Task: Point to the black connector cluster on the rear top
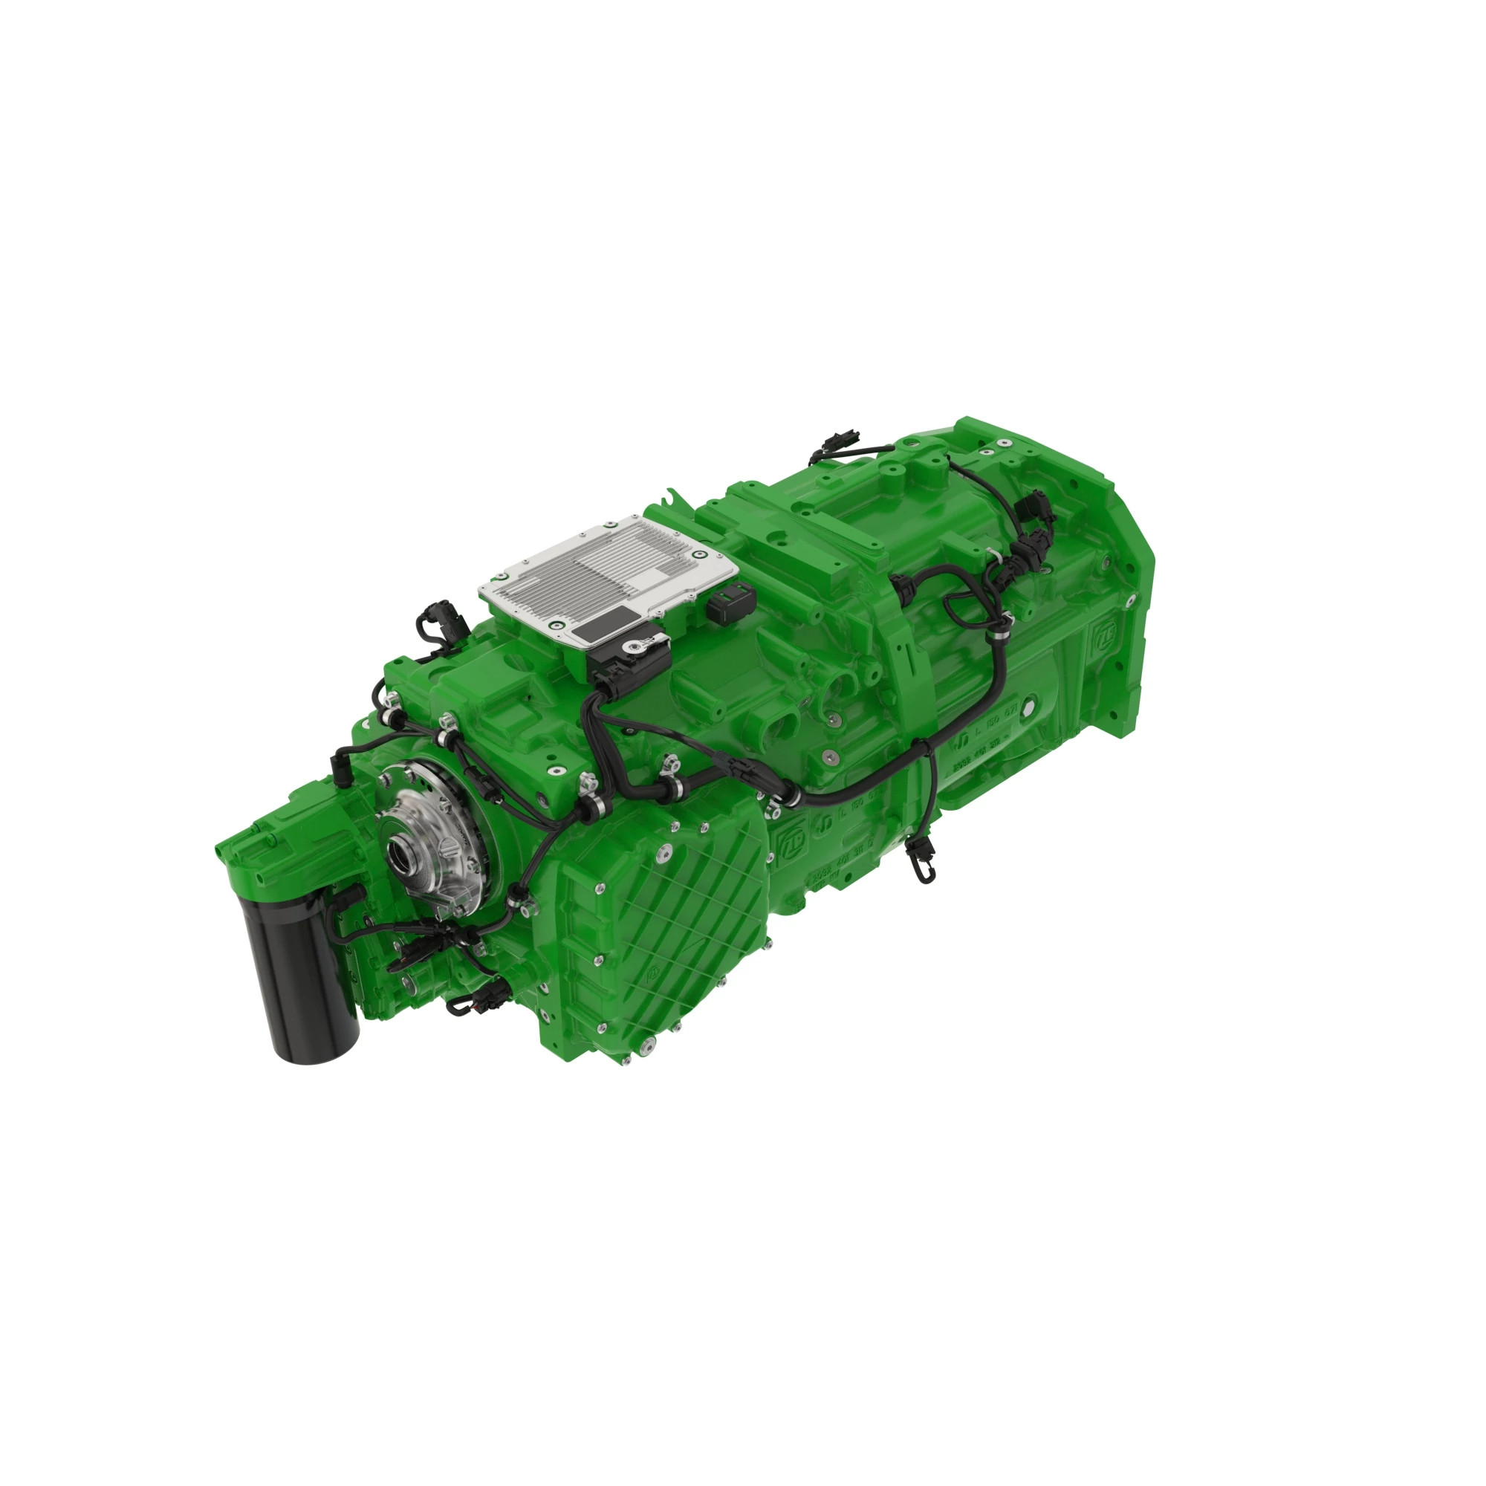[1027, 539]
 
